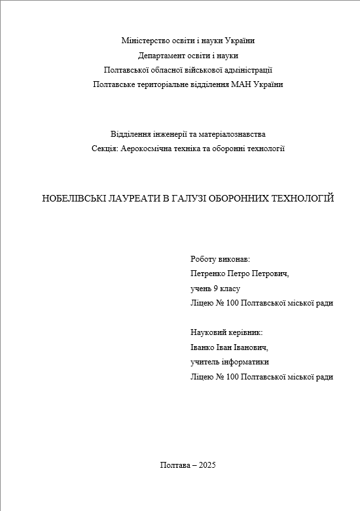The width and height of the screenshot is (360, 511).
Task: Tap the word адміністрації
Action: click(249, 70)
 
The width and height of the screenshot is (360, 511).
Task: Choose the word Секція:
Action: click(105, 149)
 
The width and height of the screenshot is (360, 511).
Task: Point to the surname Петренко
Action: click(207, 274)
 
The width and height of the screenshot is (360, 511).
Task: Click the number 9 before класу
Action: click(215, 289)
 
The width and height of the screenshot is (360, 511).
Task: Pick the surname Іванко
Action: click(202, 347)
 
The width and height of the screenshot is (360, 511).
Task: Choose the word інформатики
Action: click(245, 362)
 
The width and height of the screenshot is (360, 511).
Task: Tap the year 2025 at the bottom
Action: click(206, 465)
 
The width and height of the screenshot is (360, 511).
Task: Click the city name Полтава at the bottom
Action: click(173, 465)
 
